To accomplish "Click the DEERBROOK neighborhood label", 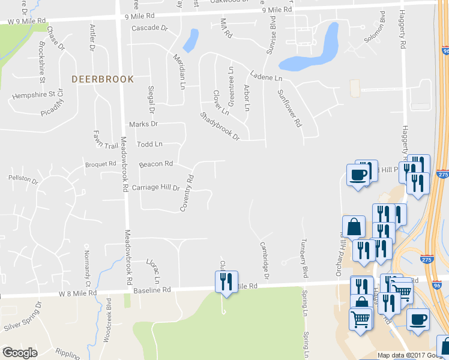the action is click(102, 79).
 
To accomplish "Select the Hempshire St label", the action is click(34, 95).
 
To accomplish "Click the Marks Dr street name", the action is click(143, 124).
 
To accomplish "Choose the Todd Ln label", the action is click(149, 144).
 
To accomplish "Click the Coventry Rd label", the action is click(188, 193).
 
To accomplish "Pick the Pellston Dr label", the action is click(23, 179).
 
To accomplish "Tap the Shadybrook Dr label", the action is click(220, 126).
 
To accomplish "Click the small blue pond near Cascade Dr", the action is click(191, 41).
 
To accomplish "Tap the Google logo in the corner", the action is click(20, 353).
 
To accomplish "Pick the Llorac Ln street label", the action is click(153, 271).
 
